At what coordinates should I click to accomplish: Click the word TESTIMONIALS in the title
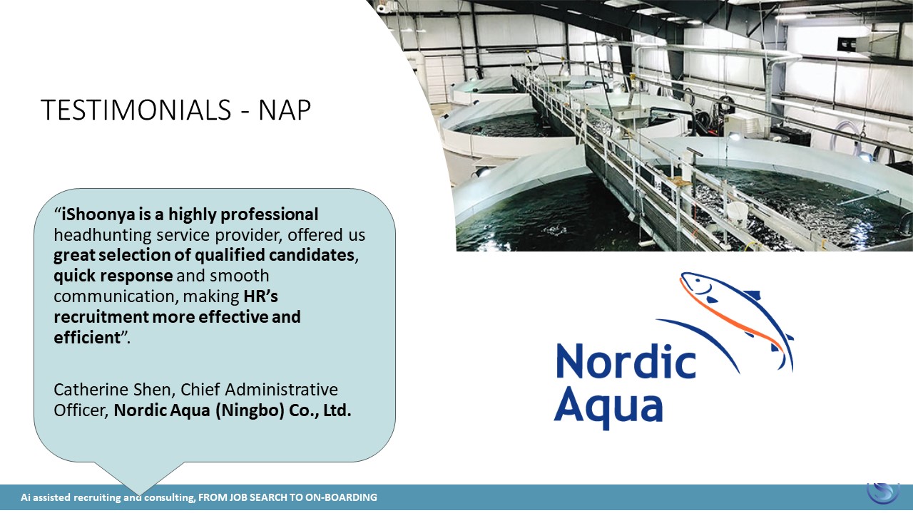136,110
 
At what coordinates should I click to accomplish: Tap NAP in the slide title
285,110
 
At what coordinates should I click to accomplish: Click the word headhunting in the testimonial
103,235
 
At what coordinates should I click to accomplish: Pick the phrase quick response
113,276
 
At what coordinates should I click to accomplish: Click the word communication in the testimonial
116,296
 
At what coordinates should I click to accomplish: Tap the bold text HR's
261,296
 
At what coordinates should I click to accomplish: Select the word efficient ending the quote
88,338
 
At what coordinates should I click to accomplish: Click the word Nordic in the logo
626,361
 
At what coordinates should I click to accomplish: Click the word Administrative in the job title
282,390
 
